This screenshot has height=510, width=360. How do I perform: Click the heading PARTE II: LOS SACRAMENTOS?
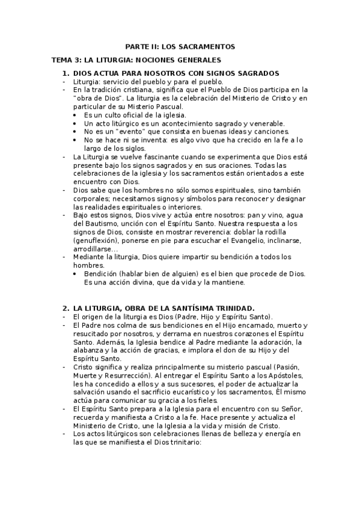[x=180, y=46]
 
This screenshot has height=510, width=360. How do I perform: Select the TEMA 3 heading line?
[x=136, y=60]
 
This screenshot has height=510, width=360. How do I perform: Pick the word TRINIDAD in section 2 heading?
[x=231, y=308]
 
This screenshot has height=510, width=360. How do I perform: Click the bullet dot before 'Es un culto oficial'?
[x=75, y=115]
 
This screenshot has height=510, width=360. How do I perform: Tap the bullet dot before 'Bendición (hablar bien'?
[x=75, y=274]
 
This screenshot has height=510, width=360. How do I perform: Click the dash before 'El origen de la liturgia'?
[x=64, y=317]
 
